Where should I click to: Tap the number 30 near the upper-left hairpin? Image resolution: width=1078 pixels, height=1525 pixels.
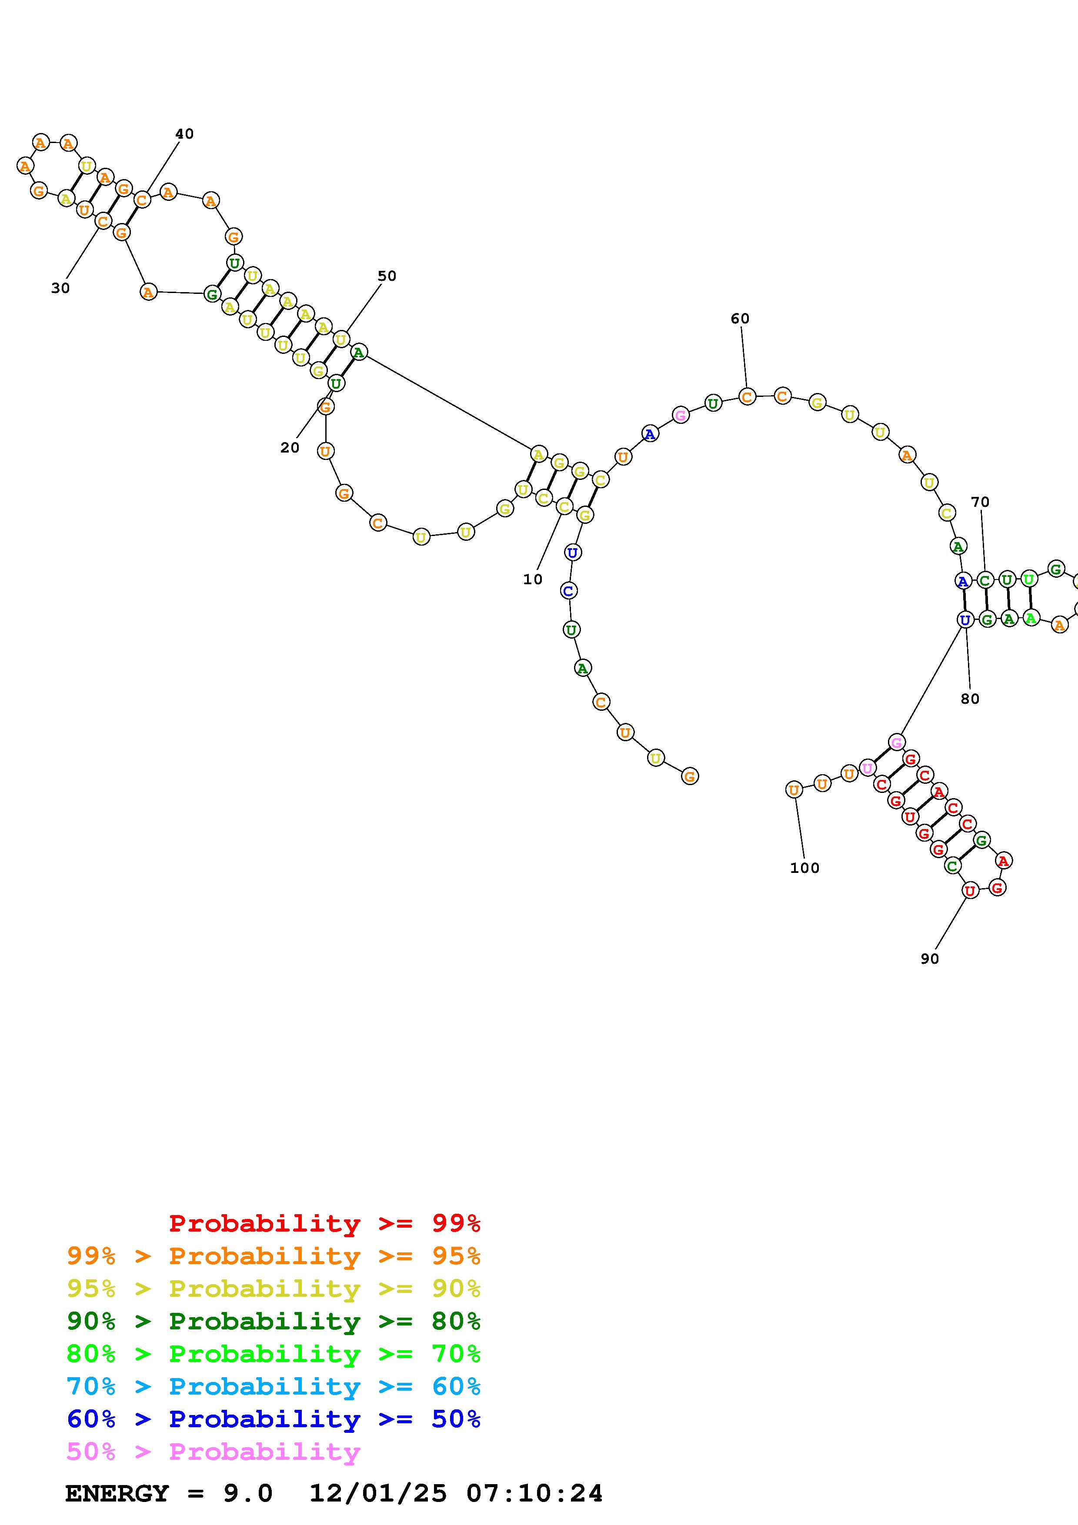[x=60, y=288]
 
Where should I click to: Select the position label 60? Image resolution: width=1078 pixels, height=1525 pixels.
[x=740, y=318]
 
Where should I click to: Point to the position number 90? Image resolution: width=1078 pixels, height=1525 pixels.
[x=930, y=959]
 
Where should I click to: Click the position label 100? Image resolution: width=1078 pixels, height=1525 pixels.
[x=804, y=867]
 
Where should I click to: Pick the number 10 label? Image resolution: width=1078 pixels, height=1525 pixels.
[x=533, y=579]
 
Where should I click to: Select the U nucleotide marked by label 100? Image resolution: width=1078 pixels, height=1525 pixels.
[x=794, y=790]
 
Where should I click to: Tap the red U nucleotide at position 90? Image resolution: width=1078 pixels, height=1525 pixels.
[x=971, y=891]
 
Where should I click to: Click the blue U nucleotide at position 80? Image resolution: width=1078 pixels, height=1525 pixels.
[x=965, y=620]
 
